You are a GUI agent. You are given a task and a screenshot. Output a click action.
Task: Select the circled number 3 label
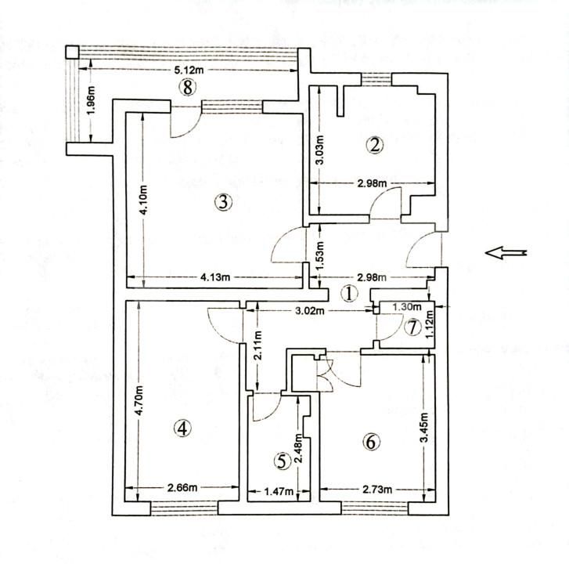(223, 202)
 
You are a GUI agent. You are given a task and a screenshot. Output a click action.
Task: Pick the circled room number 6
(371, 442)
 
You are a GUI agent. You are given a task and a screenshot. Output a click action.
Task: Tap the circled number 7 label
(412, 327)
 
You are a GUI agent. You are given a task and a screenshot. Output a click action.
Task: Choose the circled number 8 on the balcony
(186, 87)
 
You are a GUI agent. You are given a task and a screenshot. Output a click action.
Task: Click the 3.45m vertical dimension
(423, 429)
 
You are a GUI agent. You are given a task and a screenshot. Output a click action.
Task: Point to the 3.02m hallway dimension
(311, 311)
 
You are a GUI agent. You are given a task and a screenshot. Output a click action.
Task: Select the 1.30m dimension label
(406, 308)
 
